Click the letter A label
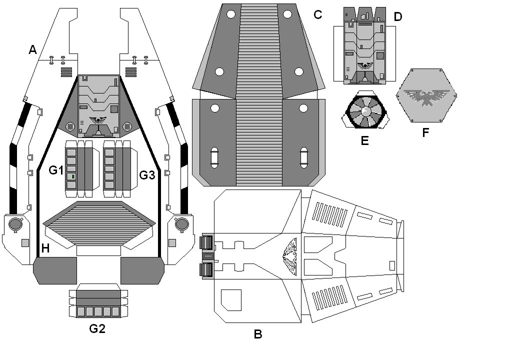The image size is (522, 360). coord(33,49)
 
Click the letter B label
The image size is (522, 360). coord(258,334)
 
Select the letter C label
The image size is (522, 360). coord(317,14)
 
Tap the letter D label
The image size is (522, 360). coord(397,16)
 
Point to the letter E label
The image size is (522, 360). coord(364,140)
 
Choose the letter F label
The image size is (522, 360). coord(425,132)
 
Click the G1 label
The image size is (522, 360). coord(56,170)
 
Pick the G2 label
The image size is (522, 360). coord(97,328)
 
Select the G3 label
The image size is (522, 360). coord(147,175)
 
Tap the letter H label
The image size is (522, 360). coord(45,248)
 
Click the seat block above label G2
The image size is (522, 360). coord(98,302)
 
